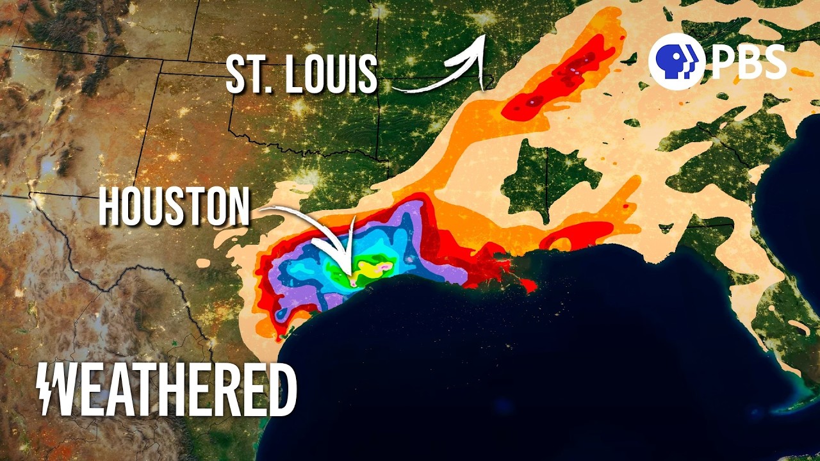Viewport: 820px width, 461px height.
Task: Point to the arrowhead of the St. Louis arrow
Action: pyautogui.click(x=478, y=42)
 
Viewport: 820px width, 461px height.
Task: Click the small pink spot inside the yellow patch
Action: pyautogui.click(x=386, y=264)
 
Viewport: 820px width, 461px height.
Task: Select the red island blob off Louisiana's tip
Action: pyautogui.click(x=528, y=286)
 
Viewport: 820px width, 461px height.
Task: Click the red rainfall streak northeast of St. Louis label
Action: pyautogui.click(x=564, y=77)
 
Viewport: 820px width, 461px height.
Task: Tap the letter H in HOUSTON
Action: pyautogui.click(x=110, y=206)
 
